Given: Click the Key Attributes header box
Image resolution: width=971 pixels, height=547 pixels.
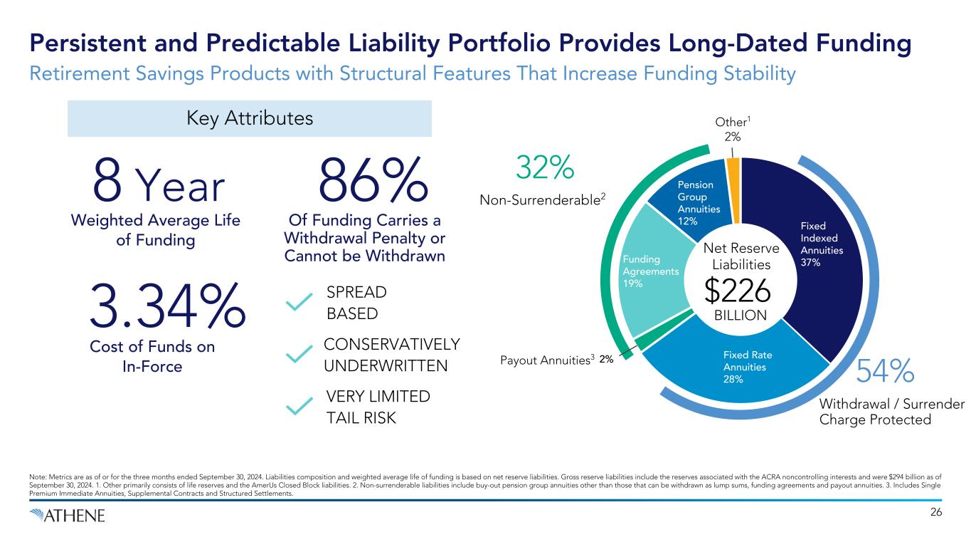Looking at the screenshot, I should click(x=249, y=118).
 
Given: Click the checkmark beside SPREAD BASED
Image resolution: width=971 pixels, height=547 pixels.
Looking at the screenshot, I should click(x=299, y=303).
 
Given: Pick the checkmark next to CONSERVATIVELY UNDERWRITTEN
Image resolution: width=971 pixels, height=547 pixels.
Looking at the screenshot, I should click(x=299, y=354).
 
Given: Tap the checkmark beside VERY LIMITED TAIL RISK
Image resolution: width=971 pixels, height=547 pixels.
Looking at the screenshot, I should click(x=299, y=405).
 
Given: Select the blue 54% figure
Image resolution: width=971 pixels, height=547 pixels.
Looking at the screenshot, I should click(x=885, y=371).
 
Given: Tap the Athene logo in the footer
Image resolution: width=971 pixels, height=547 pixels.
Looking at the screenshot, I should click(x=68, y=515).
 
